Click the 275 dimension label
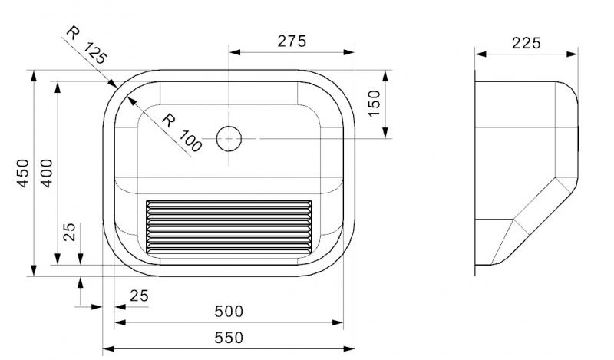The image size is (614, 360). point(292,41)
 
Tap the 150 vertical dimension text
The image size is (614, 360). point(374,103)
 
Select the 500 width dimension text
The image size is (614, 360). point(229,311)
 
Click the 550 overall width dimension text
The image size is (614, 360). point(229,337)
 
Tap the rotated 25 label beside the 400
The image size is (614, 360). point(70,233)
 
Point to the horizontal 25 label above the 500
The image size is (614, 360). point(139,296)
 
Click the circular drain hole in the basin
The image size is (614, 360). point(229,138)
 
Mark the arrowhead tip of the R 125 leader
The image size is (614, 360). point(116,87)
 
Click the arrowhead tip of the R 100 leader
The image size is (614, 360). point(126,95)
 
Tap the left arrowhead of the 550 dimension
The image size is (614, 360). point(105,348)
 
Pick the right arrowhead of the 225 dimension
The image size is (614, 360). point(576,54)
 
